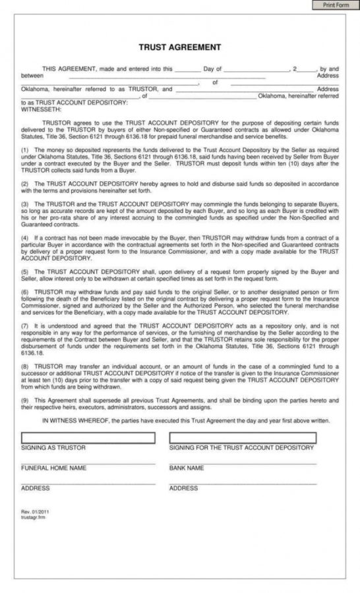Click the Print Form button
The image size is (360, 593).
336,5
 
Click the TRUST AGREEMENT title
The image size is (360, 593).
179,47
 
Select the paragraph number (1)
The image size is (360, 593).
25,150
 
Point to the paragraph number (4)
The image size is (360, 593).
25,236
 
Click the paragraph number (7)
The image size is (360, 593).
25,325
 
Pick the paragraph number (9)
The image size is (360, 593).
25,400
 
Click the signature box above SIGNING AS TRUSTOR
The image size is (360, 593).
88,438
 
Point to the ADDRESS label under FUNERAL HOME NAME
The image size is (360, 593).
36,488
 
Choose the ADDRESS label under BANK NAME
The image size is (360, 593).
183,488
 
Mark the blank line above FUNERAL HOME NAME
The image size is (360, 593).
88,463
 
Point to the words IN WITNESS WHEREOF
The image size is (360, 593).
72,420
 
